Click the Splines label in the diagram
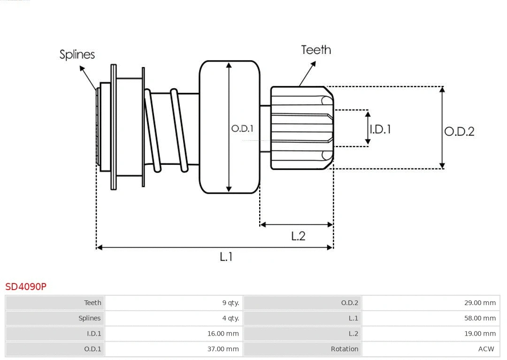pyautogui.click(x=77, y=54)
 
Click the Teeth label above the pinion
pyautogui.click(x=316, y=50)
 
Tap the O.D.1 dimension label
pyautogui.click(x=242, y=128)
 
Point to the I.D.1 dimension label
pyautogui.click(x=380, y=129)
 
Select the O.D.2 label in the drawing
pyautogui.click(x=459, y=131)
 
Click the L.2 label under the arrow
pyautogui.click(x=298, y=236)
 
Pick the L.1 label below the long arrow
pyautogui.click(x=226, y=256)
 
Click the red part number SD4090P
pyautogui.click(x=26, y=286)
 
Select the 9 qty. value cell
pyautogui.click(x=230, y=303)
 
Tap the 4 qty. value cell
pyautogui.click(x=230, y=318)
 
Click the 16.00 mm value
pyautogui.click(x=224, y=334)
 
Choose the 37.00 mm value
pyautogui.click(x=224, y=349)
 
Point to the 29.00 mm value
pyautogui.click(x=480, y=303)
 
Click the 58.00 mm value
pyautogui.click(x=480, y=318)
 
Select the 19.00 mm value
pyautogui.click(x=480, y=334)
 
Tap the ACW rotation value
pyautogui.click(x=486, y=349)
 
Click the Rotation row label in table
pyautogui.click(x=344, y=349)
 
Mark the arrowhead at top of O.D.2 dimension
pyautogui.click(x=442, y=89)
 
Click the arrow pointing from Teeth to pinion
pyautogui.click(x=308, y=74)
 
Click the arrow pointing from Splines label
pyautogui.click(x=88, y=78)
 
